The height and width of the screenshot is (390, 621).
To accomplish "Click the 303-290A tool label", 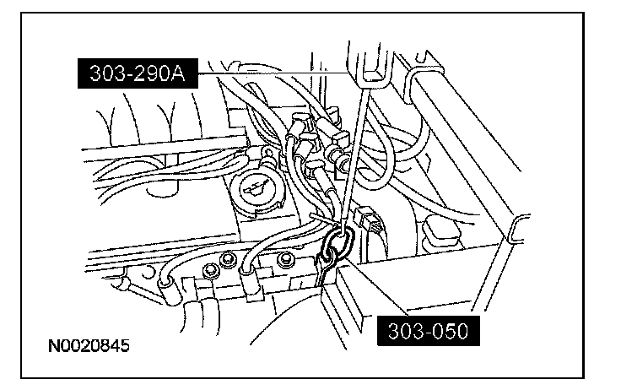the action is pos(138,75).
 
